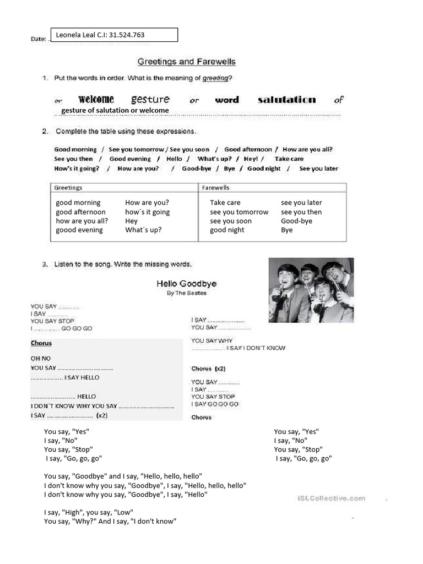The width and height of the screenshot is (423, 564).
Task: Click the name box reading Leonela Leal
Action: point(114,35)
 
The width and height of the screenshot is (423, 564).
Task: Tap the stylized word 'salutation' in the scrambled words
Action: point(286,100)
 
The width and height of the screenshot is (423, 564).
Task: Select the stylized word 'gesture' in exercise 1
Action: point(150,100)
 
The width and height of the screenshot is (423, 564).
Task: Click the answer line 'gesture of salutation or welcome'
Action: point(115,111)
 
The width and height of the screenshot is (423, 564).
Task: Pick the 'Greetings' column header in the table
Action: point(68,188)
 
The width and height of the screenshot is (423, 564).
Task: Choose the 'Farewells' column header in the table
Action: point(216,188)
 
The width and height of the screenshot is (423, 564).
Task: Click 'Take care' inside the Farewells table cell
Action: point(225,203)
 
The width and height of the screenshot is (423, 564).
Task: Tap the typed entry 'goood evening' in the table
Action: point(79,230)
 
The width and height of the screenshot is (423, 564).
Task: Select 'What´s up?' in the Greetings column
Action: point(143,230)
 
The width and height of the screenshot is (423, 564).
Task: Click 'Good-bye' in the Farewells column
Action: point(296,221)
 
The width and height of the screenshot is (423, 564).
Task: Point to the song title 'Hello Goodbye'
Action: point(186,284)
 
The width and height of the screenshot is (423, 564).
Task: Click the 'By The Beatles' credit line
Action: point(187,293)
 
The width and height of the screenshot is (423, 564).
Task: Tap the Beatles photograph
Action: point(311,290)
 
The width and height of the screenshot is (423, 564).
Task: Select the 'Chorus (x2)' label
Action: point(209,368)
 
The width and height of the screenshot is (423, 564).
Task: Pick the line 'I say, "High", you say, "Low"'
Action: point(89,512)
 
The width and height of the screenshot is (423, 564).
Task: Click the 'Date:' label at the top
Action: point(38,40)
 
